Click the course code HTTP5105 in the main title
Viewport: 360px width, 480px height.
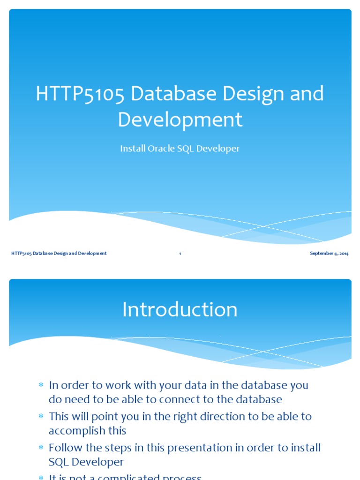pos(80,94)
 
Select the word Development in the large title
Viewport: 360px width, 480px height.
pos(180,120)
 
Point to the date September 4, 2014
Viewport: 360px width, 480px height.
pos(329,254)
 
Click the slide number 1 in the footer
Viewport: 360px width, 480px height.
pos(180,254)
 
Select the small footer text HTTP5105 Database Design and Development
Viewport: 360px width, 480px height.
pos(59,254)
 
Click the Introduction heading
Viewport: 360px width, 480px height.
pos(180,310)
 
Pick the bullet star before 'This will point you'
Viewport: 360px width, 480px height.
pos(40,416)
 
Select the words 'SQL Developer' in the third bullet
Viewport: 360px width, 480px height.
pos(86,462)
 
